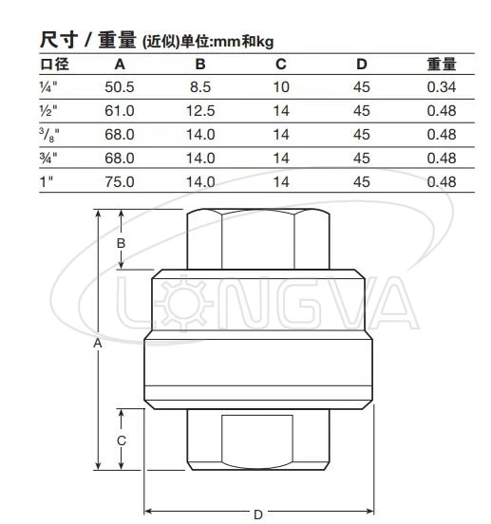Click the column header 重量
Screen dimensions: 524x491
tap(442, 65)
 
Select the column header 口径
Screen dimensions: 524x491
tap(54, 65)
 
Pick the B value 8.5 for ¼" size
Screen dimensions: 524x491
tap(200, 88)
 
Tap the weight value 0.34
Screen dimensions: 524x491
tap(442, 88)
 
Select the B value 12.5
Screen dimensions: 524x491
tap(200, 111)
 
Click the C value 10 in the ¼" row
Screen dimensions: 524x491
tap(281, 88)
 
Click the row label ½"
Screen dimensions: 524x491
tap(48, 111)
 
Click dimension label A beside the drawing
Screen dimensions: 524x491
tap(97, 346)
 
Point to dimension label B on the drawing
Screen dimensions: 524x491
tap(121, 244)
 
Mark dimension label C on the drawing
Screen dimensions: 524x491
tap(122, 441)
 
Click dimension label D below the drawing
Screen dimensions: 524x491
tap(257, 514)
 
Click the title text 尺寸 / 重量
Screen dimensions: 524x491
tap(87, 41)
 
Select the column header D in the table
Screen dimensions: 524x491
tap(361, 65)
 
